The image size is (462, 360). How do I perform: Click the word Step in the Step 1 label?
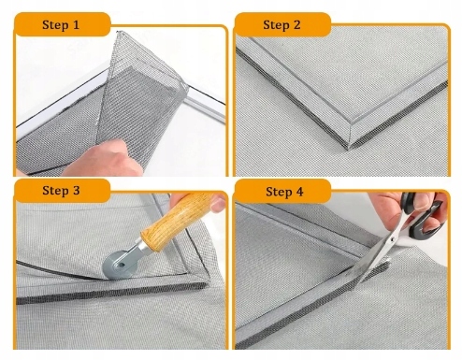point(55,25)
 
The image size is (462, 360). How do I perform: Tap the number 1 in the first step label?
point(76,24)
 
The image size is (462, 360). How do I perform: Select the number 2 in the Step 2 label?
point(296,24)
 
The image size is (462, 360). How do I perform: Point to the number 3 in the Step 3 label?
point(76,191)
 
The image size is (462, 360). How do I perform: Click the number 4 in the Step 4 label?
point(299,192)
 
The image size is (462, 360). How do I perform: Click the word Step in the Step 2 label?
point(277,25)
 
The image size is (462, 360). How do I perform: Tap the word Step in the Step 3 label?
point(56,191)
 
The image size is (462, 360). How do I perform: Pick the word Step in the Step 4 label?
point(279,192)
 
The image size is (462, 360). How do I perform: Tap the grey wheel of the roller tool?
point(120,266)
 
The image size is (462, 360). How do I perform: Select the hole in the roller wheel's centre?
point(121,266)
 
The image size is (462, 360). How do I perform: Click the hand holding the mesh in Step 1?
point(103,159)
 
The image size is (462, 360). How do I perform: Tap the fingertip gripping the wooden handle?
point(217,204)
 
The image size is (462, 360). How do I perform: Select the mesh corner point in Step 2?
point(349,149)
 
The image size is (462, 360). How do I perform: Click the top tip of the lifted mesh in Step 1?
point(118,32)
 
